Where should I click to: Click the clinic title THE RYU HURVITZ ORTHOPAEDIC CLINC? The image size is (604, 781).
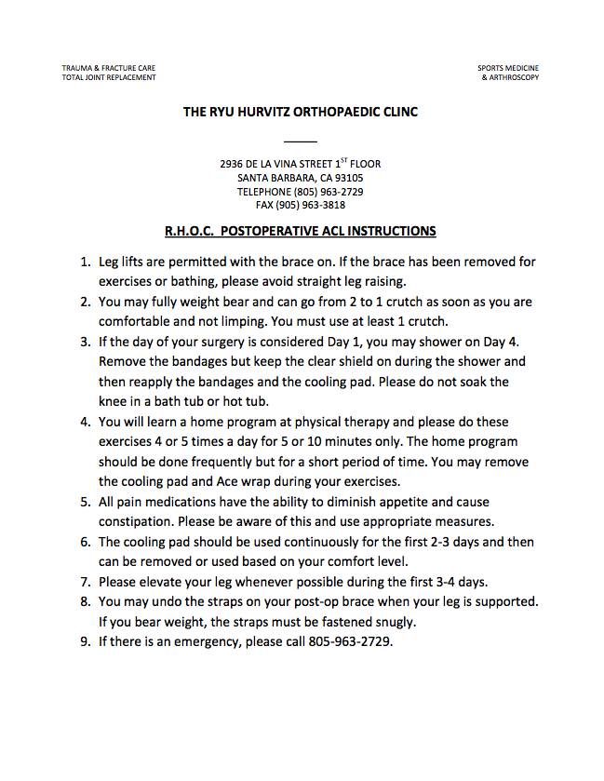coord(300,112)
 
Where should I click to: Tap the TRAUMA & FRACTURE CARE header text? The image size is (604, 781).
coord(109,68)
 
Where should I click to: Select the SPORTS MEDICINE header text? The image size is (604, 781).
coord(508,68)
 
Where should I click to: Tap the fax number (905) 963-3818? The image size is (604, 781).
coord(314,205)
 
